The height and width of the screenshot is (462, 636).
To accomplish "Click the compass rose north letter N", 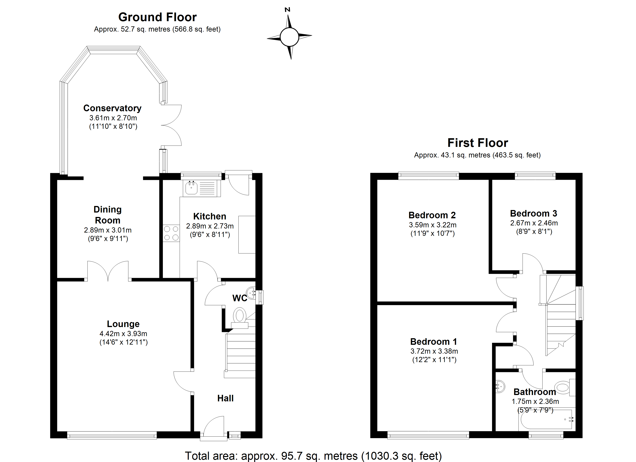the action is [287, 10].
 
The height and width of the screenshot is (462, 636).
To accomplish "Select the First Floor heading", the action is [478, 143].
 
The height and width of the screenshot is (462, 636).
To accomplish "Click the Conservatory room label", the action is [112, 108].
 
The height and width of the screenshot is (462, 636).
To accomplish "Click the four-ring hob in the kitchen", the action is [171, 233].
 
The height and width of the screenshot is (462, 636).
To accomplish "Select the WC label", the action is [240, 298].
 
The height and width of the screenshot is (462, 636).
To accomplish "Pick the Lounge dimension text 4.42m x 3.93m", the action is [123, 333].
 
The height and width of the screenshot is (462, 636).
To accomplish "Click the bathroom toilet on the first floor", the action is [563, 388].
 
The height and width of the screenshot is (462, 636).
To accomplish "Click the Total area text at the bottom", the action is [313, 456].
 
